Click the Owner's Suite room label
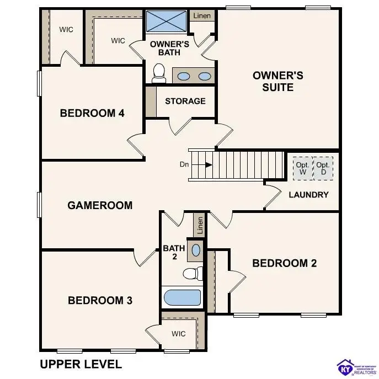tap(277, 81)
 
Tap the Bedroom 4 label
tap(92, 113)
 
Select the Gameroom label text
tap(100, 205)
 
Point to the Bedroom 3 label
tap(100, 300)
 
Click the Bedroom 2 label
tap(284, 263)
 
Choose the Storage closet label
tap(185, 101)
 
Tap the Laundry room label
tap(308, 194)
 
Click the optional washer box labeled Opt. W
tap(302, 168)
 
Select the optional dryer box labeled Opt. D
tap(323, 168)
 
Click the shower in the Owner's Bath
tap(167, 23)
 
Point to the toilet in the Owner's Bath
tap(159, 72)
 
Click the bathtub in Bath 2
tap(183, 297)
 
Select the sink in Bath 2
tap(195, 250)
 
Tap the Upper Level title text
tap(81, 364)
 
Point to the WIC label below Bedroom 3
tap(178, 334)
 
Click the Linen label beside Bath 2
tap(200, 225)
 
